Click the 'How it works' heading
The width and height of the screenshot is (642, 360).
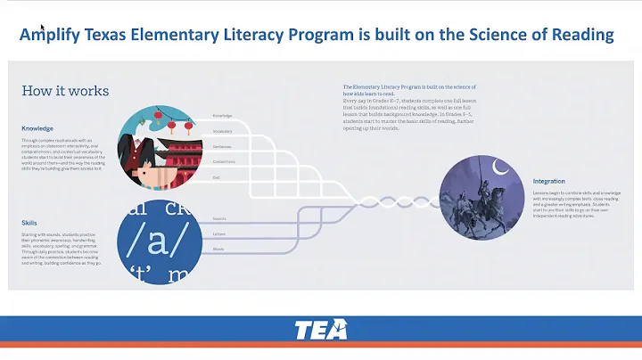pos(65,91)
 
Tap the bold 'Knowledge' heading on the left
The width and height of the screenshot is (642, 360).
pos(37,128)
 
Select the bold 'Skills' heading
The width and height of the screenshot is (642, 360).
pos(29,223)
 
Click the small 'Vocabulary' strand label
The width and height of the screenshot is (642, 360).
pos(223,131)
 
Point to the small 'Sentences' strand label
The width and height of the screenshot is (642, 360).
pos(223,146)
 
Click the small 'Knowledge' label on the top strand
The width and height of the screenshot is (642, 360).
pos(223,116)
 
